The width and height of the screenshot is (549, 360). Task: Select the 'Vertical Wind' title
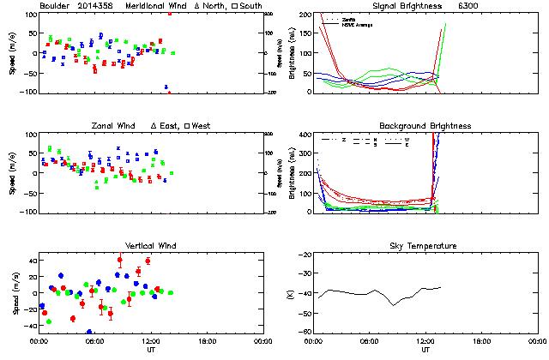pos(151,246)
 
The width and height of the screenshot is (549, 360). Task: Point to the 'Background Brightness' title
pos(425,126)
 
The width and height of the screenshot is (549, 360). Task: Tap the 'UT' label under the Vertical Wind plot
pos(151,350)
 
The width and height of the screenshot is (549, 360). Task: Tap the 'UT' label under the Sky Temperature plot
pos(425,350)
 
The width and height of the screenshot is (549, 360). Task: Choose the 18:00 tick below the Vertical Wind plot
pos(207,341)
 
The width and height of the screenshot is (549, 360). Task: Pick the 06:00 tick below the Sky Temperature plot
pos(369,341)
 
